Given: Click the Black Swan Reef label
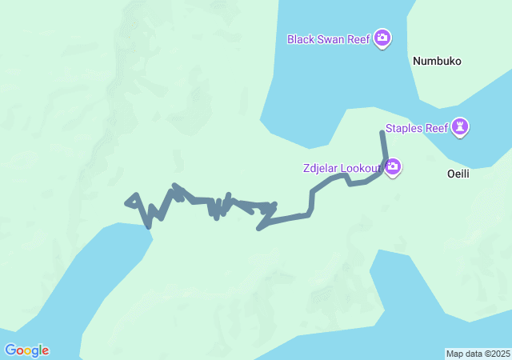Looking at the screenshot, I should tap(329, 38).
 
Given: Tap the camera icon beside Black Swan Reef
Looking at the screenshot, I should tap(382, 38).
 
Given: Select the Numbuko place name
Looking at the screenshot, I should tap(437, 61).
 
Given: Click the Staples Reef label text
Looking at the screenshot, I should tap(416, 127).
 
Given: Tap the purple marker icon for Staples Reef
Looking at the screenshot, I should tap(460, 126).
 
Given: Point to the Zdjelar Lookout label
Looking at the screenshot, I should tap(342, 168).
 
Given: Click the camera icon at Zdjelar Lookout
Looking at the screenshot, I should tap(393, 167).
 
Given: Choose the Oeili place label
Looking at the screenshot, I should tap(462, 173).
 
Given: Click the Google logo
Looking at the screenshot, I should tap(26, 350).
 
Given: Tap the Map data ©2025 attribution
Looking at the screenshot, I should tap(477, 354).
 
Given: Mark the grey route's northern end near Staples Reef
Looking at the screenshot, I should tap(382, 133).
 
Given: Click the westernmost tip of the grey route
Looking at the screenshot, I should tap(126, 202).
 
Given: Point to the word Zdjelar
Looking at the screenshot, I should tap(320, 168).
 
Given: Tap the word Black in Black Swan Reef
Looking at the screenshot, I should tap(302, 38).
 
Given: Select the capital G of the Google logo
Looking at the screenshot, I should tap(10, 350).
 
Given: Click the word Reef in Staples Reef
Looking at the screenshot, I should tap(436, 127).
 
